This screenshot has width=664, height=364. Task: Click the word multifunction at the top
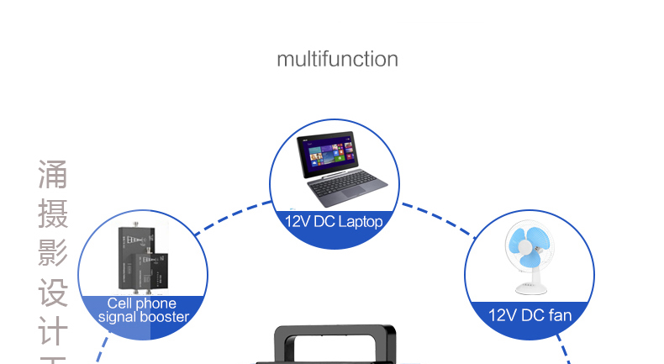pos(337,59)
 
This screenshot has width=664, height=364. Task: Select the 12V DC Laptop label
pos(334,223)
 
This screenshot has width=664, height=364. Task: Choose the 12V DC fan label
pos(530,316)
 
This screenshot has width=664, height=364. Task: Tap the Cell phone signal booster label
pos(142,310)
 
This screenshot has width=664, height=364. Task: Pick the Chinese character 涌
pos(52,176)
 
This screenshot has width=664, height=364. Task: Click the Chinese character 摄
pos(52,214)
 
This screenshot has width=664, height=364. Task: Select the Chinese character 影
pos(52,253)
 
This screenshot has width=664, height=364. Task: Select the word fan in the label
pos(558,316)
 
